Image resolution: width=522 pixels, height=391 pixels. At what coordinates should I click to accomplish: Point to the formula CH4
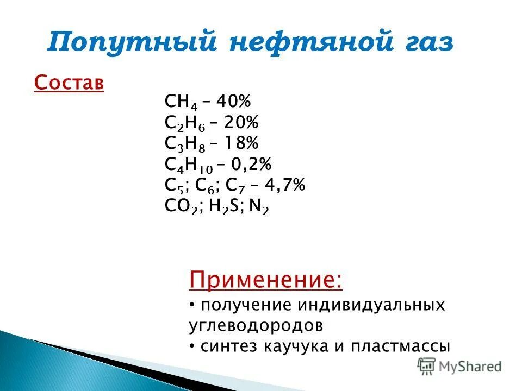(x=177, y=102)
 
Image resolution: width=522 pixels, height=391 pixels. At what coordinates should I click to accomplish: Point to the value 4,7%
(x=285, y=185)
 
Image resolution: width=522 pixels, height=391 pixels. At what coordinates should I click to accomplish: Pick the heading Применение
(x=265, y=281)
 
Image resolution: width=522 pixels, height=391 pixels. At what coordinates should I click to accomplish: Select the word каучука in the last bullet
(x=307, y=346)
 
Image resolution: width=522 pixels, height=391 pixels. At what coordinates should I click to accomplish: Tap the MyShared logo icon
(x=427, y=366)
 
